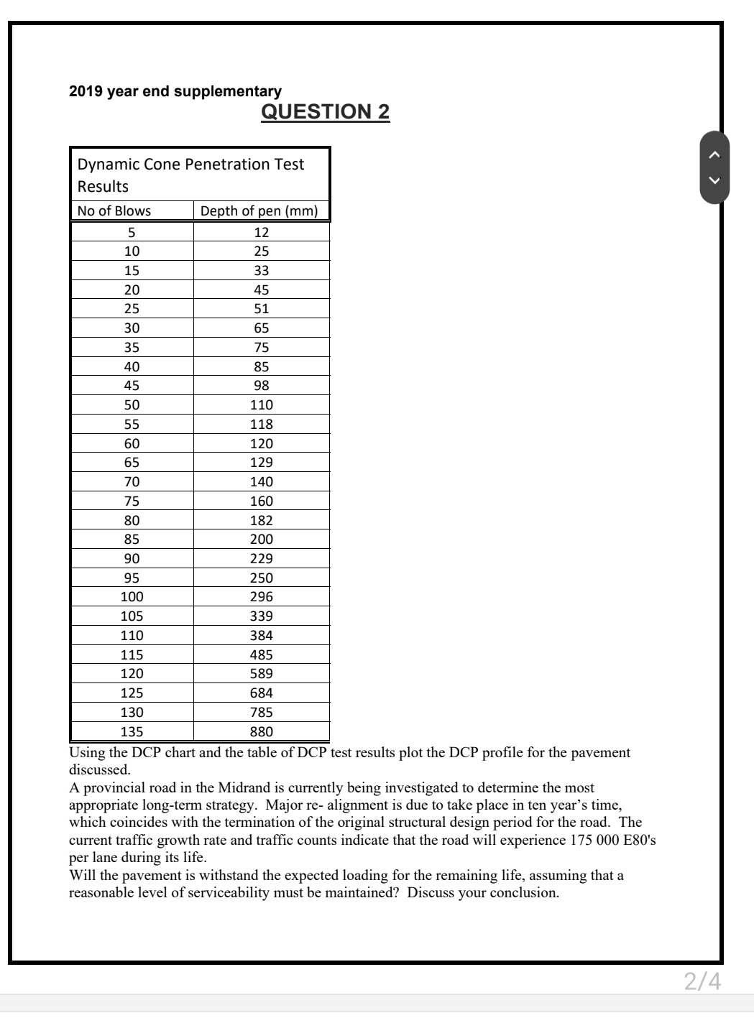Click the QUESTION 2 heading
pos(325,111)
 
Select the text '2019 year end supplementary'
pos(175,91)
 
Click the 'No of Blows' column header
pos(114,210)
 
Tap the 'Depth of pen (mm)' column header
pos(259,210)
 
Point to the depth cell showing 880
pos(261,731)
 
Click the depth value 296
pos(261,596)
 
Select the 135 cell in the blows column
pos(132,731)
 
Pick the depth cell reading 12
pos(261,232)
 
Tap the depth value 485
pos(261,654)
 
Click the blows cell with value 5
pos(132,232)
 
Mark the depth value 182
pos(261,520)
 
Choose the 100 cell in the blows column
pos(132,596)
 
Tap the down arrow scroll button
pos(714,181)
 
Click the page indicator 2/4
pos(702,981)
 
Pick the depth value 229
pos(261,558)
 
